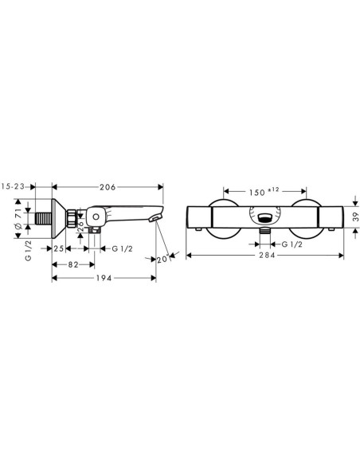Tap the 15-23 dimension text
click(16, 187)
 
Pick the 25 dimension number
click(59, 248)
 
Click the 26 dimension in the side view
click(81, 233)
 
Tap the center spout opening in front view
click(265, 217)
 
